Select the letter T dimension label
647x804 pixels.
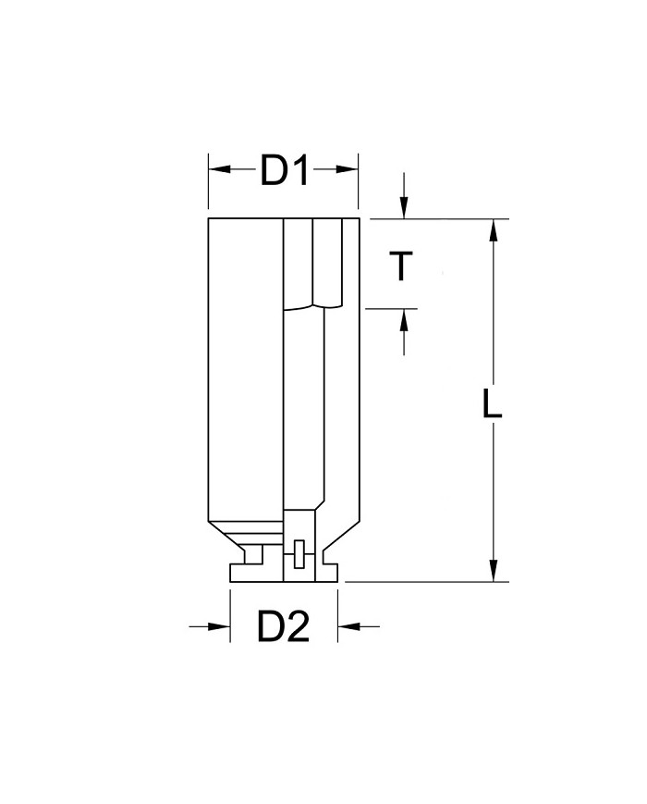[399, 266]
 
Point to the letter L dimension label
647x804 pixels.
[493, 404]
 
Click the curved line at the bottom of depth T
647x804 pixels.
[305, 307]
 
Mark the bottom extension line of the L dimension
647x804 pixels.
[425, 582]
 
